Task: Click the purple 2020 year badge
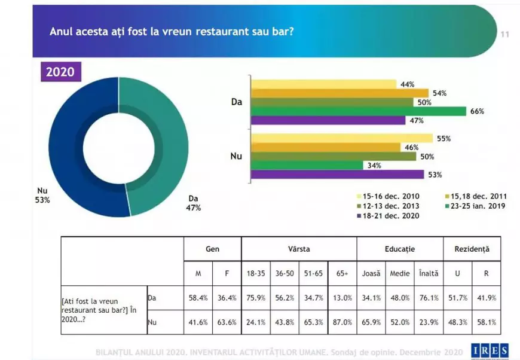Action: (61, 72)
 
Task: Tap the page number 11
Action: (504, 34)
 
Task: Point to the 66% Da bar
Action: (359, 111)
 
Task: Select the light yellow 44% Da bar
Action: (323, 84)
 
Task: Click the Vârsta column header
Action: (299, 248)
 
